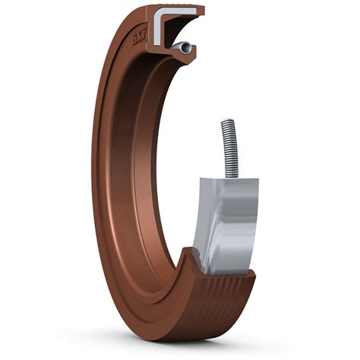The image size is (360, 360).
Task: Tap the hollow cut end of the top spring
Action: tap(186, 48)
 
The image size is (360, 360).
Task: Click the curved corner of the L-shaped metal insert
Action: tap(157, 12)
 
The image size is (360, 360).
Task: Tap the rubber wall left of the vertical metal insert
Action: tap(150, 29)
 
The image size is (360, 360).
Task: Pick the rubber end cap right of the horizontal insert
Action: tap(201, 11)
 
